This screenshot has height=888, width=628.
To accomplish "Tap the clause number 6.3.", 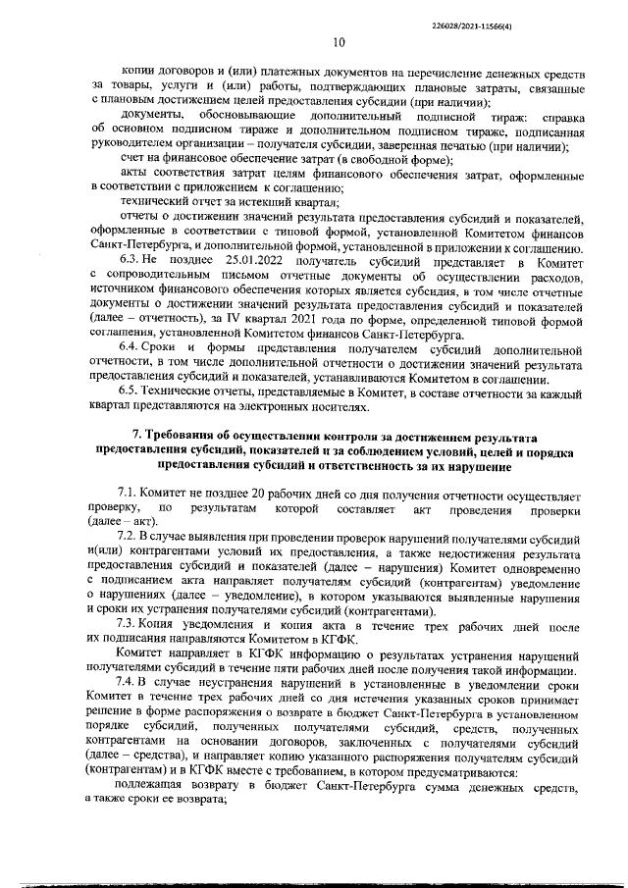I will point(131,278).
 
